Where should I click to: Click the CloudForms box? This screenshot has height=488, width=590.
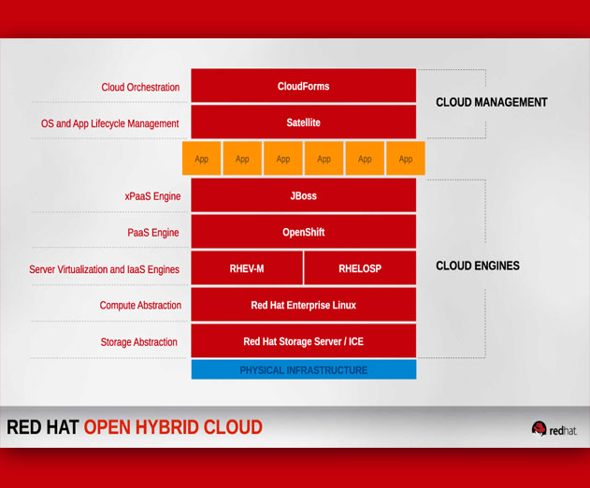(304, 85)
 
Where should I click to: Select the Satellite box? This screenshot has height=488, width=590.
(304, 122)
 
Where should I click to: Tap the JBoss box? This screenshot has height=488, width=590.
(304, 194)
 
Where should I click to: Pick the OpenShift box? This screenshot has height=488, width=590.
(304, 232)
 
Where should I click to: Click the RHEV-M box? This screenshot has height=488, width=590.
(247, 268)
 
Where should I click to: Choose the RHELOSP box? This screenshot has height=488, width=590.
(360, 268)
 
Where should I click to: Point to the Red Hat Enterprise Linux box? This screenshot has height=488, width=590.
(304, 305)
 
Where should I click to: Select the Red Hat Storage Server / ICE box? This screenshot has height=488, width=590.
(304, 341)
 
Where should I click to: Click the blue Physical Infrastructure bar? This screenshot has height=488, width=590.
(304, 369)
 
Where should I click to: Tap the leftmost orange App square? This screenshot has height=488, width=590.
(201, 158)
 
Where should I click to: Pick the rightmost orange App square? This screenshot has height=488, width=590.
(406, 158)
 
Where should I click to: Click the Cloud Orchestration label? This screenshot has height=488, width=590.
(140, 87)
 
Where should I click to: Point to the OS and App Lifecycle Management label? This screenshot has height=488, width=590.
(110, 123)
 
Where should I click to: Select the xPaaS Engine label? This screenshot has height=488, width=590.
(152, 196)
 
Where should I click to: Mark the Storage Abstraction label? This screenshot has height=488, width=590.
(138, 342)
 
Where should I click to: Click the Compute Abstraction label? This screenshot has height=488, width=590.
(140, 305)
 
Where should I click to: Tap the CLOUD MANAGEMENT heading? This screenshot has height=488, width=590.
(492, 102)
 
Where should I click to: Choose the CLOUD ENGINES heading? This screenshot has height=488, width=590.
(478, 266)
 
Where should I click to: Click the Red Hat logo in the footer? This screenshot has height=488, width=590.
(554, 429)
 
